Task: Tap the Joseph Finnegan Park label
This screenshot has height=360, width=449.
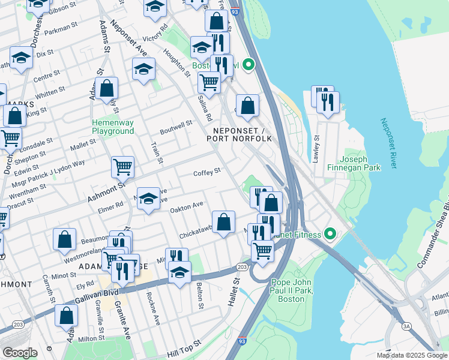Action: tap(361, 163)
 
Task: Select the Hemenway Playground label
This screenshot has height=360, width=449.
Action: tap(112, 127)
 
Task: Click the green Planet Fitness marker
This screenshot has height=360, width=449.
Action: tap(329, 233)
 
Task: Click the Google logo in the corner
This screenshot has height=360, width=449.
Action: tap(20, 353)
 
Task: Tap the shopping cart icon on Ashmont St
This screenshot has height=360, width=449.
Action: tap(122, 166)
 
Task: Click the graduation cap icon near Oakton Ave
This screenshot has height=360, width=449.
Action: tap(148, 198)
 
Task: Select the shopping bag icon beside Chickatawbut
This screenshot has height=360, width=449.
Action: tap(223, 222)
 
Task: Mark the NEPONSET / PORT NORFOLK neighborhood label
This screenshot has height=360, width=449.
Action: tap(239, 134)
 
